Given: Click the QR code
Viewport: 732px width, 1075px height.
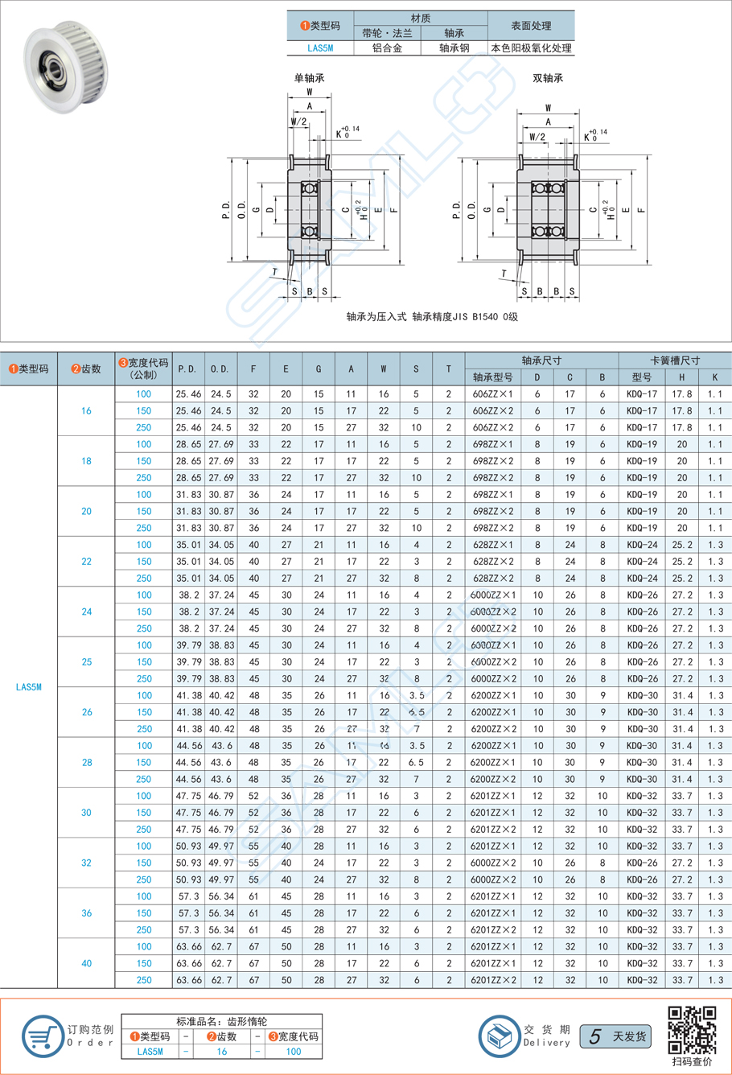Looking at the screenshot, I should tap(692, 1029).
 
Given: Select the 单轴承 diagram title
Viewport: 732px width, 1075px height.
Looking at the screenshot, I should tap(309, 78).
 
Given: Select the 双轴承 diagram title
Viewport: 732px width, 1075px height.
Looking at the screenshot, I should tap(548, 78).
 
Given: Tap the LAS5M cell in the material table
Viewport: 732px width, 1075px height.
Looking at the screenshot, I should tap(320, 48).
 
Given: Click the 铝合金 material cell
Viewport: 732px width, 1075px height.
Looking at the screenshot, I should tap(387, 48).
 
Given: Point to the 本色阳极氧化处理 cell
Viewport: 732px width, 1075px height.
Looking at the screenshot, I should tap(532, 48).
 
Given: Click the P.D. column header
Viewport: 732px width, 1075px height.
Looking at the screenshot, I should tap(187, 369).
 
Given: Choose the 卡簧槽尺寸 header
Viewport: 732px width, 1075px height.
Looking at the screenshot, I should tap(674, 360).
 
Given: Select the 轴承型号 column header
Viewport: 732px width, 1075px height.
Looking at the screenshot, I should tap(492, 377).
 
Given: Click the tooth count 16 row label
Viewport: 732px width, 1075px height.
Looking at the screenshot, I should tap(86, 411).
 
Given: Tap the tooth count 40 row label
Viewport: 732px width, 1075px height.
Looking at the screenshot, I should tap(86, 963).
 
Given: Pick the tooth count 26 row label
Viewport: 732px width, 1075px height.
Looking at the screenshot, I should tap(86, 712).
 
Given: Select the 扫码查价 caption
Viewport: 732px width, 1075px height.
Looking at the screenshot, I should tap(692, 1063).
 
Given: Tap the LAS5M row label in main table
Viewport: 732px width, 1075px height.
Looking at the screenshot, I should tap(28, 687).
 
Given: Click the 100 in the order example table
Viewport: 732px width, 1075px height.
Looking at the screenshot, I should tap(294, 1051).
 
